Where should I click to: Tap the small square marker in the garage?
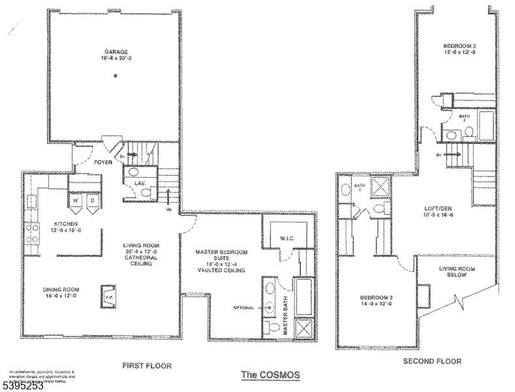click(x=115, y=76)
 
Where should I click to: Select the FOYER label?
click(x=103, y=162)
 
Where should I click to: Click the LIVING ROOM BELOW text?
click(x=456, y=272)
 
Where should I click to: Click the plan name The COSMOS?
click(x=271, y=374)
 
